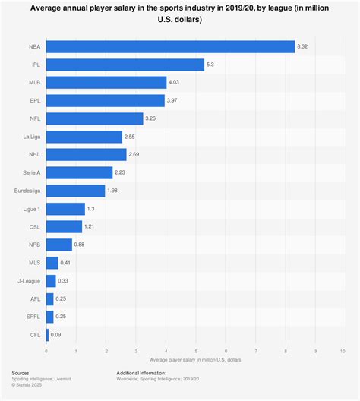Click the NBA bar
tap(170, 47)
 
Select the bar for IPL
tap(125, 65)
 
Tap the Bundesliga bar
tap(76, 191)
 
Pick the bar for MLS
tap(52, 263)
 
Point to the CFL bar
tap(48, 334)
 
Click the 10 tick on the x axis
tap(344, 351)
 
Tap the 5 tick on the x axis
tap(195, 351)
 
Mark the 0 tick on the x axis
tap(46, 351)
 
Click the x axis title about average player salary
tap(195, 359)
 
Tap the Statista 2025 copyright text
tap(27, 387)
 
